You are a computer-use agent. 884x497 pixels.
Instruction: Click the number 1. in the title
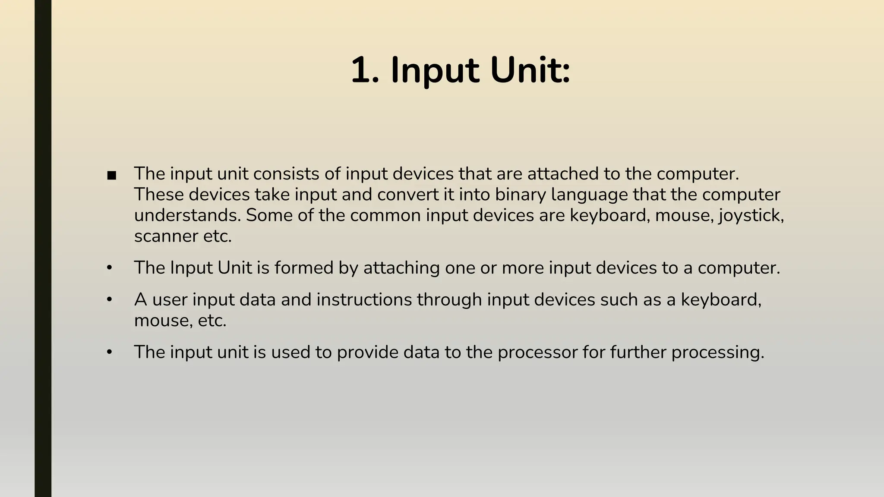(x=365, y=70)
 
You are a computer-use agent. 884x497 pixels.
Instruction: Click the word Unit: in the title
(x=530, y=70)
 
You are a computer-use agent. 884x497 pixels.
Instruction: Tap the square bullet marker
(x=112, y=176)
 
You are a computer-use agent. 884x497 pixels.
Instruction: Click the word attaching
(x=401, y=268)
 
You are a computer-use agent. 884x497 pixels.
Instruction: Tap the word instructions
(x=364, y=299)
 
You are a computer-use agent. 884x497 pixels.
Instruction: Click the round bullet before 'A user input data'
(x=110, y=299)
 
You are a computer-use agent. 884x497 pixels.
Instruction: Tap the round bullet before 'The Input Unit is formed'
(x=110, y=268)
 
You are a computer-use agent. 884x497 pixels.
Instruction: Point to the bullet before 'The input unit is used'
(x=110, y=352)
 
